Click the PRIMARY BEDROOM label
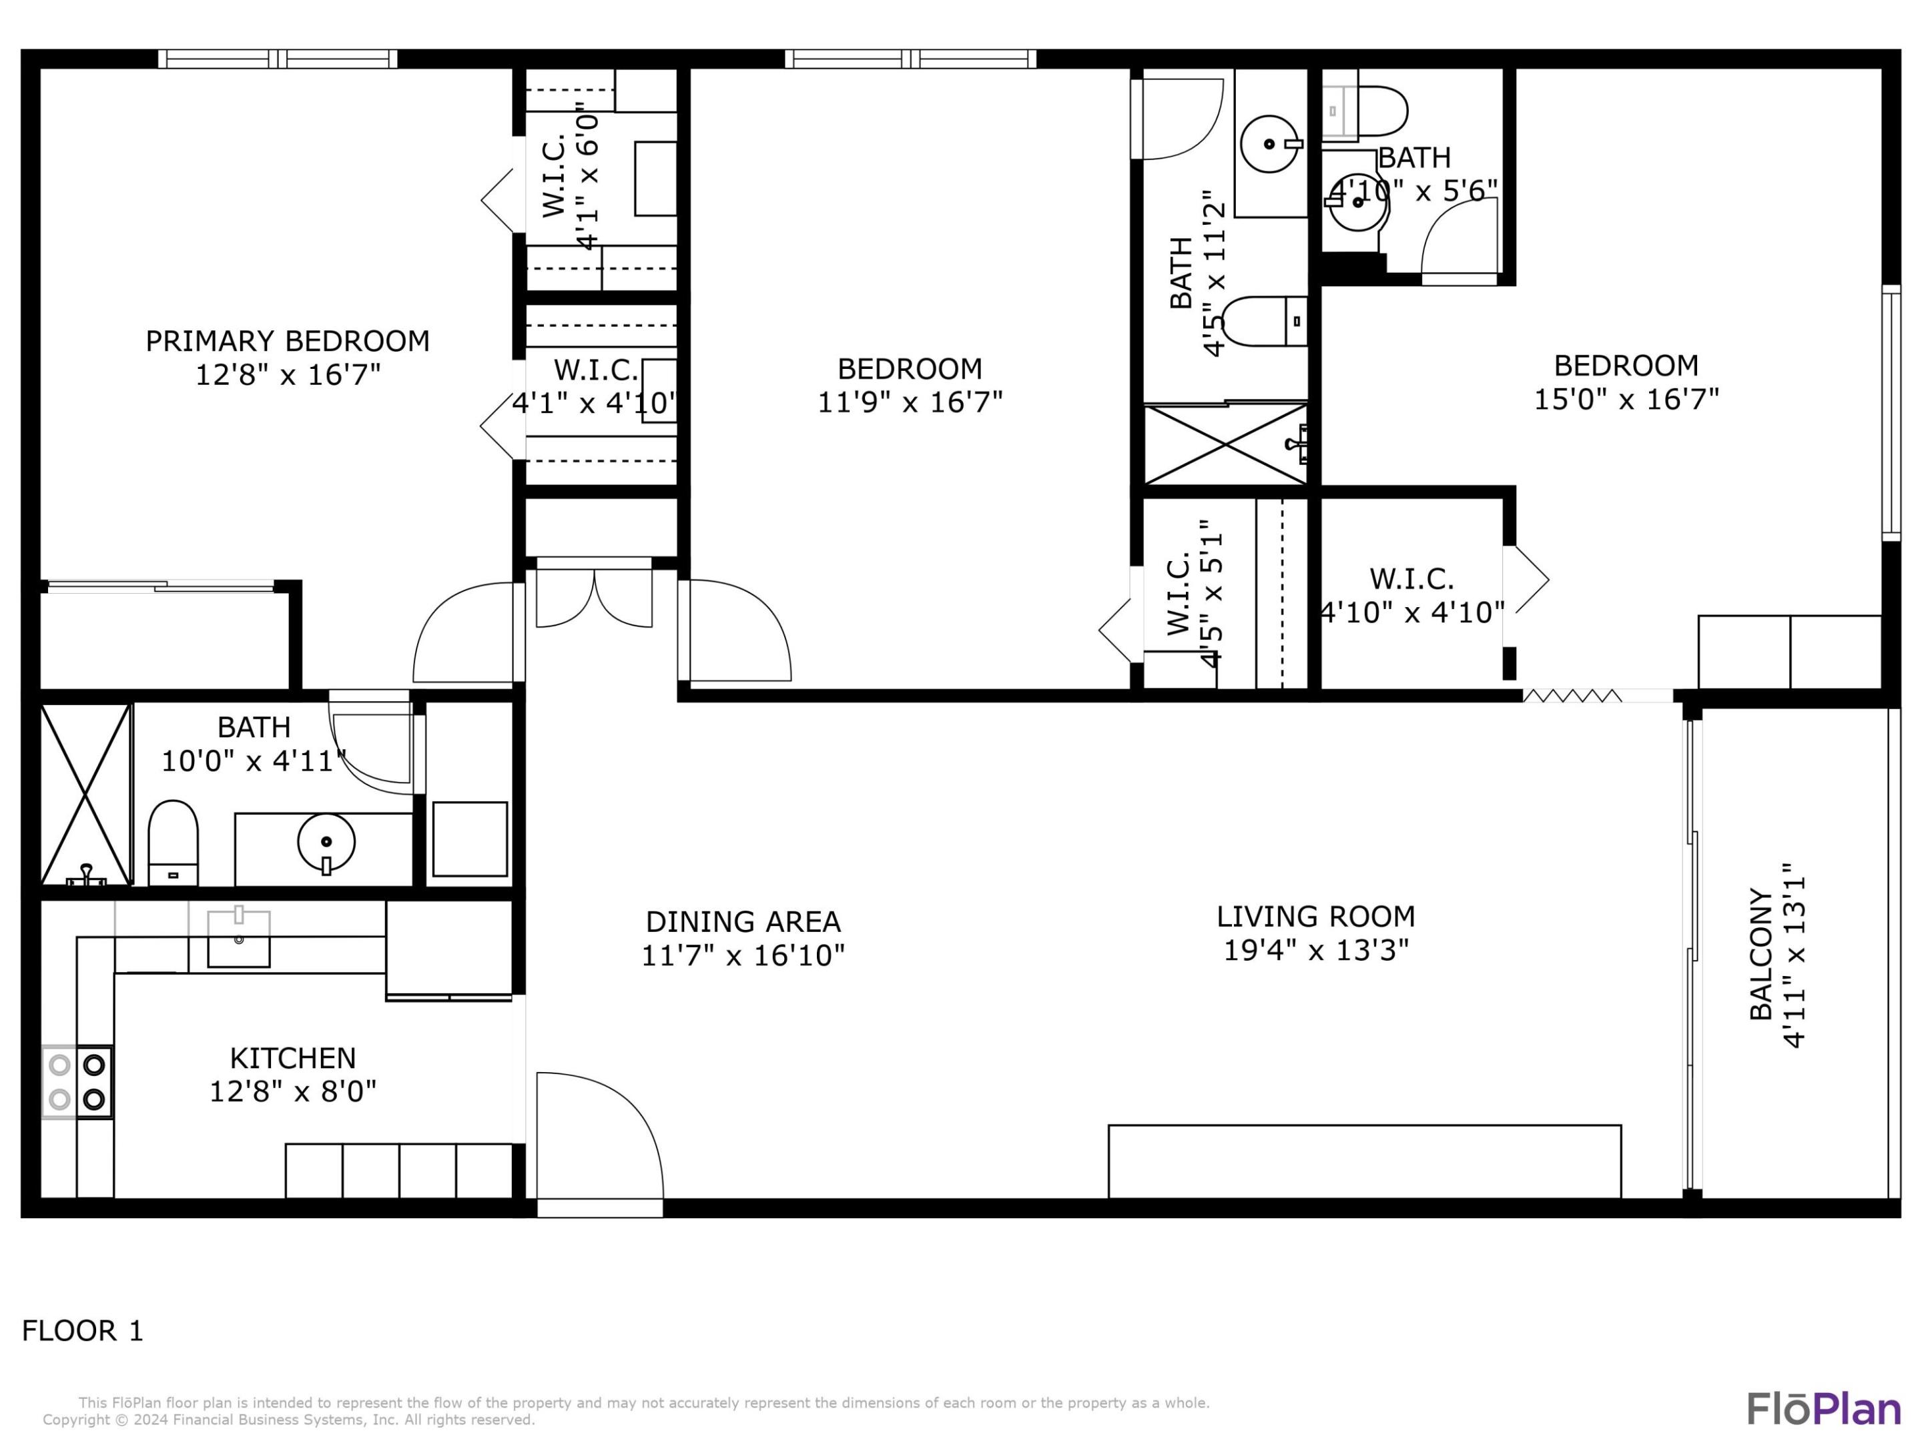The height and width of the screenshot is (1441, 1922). [x=287, y=340]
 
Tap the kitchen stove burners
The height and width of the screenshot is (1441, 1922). [x=77, y=1081]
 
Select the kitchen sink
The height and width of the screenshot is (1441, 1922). [x=238, y=938]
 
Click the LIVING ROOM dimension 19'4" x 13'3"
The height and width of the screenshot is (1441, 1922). [x=1315, y=950]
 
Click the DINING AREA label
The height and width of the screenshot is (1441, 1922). [x=743, y=921]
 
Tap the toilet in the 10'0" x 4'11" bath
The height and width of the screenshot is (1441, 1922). [x=173, y=842]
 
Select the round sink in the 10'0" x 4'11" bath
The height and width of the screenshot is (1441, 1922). [x=326, y=842]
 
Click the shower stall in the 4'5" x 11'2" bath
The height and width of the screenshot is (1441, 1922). [x=1225, y=444]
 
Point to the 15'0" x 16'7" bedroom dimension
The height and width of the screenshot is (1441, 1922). [x=1626, y=400]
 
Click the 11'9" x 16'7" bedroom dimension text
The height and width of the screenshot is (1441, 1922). [x=910, y=402]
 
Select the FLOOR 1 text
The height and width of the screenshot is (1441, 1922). [x=83, y=1330]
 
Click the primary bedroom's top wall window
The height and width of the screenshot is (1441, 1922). [x=278, y=59]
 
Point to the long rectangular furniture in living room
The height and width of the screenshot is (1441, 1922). [x=1364, y=1161]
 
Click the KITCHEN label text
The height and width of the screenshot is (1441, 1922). [x=293, y=1058]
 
